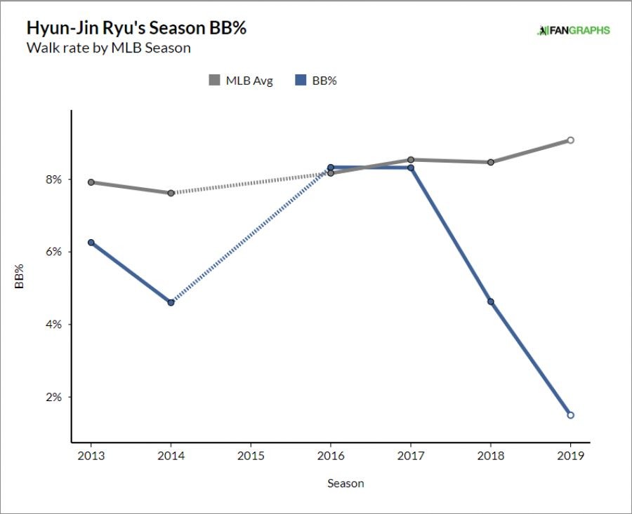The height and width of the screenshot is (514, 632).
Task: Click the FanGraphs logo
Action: coord(573,30)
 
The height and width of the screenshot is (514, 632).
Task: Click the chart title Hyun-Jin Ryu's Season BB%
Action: coord(136,29)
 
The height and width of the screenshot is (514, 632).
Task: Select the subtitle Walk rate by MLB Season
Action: coord(108,48)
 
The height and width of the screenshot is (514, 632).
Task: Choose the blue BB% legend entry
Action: coord(315,81)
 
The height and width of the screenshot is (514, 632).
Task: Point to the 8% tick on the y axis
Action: coord(54,180)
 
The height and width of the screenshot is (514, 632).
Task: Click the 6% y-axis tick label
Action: coord(54,252)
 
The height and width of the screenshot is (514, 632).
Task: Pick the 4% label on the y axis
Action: coord(54,325)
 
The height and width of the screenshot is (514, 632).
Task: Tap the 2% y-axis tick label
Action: coord(54,397)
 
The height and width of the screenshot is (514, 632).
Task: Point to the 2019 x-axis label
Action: coord(570,454)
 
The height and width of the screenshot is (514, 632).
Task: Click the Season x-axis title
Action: coord(345,483)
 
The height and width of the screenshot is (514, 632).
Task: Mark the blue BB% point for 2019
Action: coord(571,415)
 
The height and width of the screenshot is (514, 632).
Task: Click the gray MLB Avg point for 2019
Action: coord(571,140)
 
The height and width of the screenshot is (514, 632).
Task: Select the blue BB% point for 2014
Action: coord(171,302)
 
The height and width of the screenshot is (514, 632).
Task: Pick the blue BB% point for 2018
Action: coord(491,302)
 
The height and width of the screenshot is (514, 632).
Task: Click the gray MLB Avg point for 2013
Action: coord(91,182)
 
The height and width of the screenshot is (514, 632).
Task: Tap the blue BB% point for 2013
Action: coord(91,243)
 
